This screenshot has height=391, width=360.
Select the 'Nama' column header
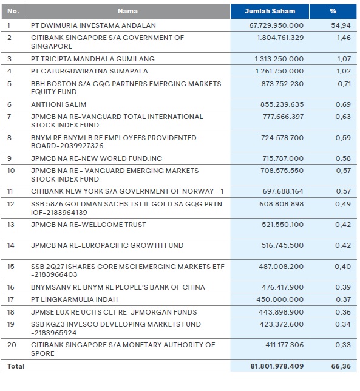tap(128, 11)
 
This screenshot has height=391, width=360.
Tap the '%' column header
tap(332, 11)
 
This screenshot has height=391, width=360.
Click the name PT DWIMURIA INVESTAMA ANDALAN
tap(93, 25)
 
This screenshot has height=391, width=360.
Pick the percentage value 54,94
tap(343, 25)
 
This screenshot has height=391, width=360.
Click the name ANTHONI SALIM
tap(56, 104)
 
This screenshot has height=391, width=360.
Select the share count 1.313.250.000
tap(279, 59)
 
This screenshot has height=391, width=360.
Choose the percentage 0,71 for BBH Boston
tap(344, 83)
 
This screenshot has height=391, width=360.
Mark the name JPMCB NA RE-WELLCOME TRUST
tap(88, 225)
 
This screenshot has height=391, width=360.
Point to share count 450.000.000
tap(281, 299)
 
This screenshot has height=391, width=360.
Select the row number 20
tap(10, 345)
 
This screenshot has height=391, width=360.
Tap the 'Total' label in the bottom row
tap(15, 367)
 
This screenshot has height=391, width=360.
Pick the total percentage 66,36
tap(342, 367)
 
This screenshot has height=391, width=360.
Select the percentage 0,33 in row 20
tap(344, 345)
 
